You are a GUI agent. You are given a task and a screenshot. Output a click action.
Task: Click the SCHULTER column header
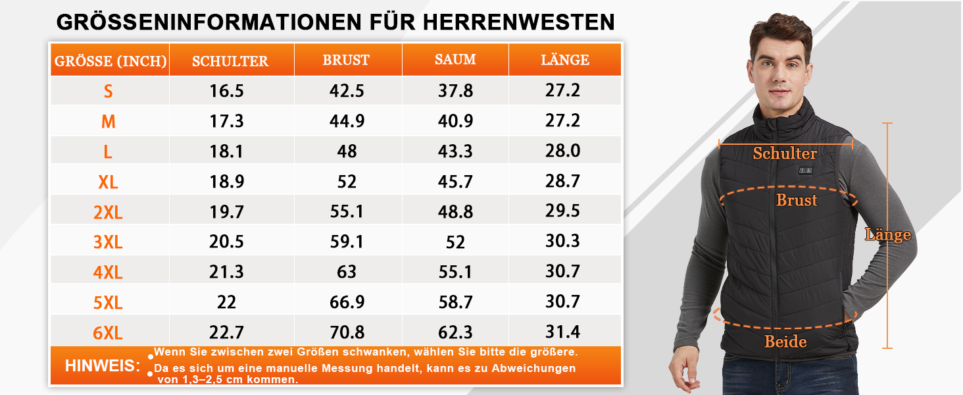230,61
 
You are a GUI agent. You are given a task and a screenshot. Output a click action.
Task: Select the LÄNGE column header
565,60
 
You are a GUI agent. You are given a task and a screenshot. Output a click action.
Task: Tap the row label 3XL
108,242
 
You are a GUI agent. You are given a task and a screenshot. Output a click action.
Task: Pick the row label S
108,91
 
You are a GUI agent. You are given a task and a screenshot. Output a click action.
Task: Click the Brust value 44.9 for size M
347,120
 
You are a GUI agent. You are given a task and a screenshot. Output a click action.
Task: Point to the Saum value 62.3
455,332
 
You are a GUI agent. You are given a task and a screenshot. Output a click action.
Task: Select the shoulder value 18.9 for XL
227,181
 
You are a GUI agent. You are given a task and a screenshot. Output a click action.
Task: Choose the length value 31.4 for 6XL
562,331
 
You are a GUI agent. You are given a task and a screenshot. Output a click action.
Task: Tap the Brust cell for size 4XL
347,271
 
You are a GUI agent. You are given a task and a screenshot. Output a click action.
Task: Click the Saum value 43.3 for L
455,151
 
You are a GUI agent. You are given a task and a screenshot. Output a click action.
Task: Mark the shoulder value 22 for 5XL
227,302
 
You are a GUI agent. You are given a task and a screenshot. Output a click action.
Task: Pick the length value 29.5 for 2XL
562,211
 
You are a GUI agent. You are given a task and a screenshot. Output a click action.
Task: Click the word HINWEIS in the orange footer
103,366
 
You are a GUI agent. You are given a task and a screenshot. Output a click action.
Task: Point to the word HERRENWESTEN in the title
518,22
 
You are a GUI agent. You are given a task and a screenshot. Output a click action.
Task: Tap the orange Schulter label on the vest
785,154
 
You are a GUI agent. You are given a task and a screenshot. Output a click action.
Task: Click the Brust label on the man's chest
797,200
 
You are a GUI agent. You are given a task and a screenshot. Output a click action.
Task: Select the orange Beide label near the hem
785,342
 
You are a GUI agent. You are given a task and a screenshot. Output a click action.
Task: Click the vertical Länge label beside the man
888,234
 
